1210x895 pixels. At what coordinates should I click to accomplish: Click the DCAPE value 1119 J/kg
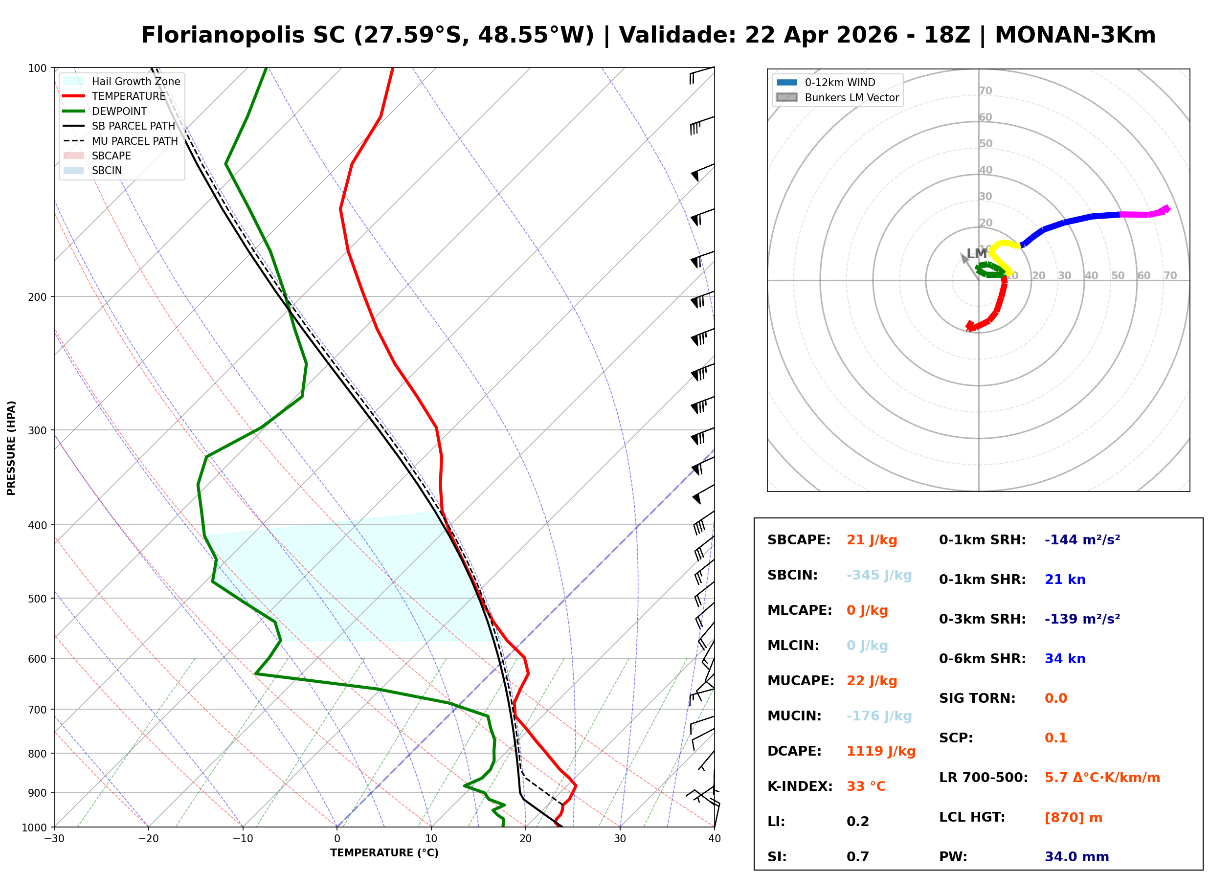click(x=881, y=751)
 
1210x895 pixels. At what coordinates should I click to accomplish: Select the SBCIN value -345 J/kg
click(x=879, y=575)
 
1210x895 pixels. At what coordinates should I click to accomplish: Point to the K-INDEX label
click(x=800, y=786)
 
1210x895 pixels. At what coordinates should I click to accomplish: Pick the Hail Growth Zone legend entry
click(x=135, y=81)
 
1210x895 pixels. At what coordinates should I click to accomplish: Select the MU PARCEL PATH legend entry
click(x=134, y=141)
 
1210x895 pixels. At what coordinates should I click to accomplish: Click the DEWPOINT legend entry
click(x=119, y=111)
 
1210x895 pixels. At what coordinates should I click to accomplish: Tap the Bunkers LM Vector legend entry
click(x=851, y=97)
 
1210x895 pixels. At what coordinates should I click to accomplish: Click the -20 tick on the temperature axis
click(x=148, y=839)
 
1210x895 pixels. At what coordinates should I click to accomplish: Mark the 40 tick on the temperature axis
click(x=714, y=839)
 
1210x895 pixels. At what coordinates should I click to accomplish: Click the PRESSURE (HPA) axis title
click(x=11, y=447)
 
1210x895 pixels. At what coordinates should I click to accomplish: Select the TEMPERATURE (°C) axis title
click(x=384, y=853)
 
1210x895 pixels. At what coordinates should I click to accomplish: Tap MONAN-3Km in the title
click(x=1075, y=35)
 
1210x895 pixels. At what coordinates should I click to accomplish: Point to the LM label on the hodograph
click(x=976, y=253)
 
